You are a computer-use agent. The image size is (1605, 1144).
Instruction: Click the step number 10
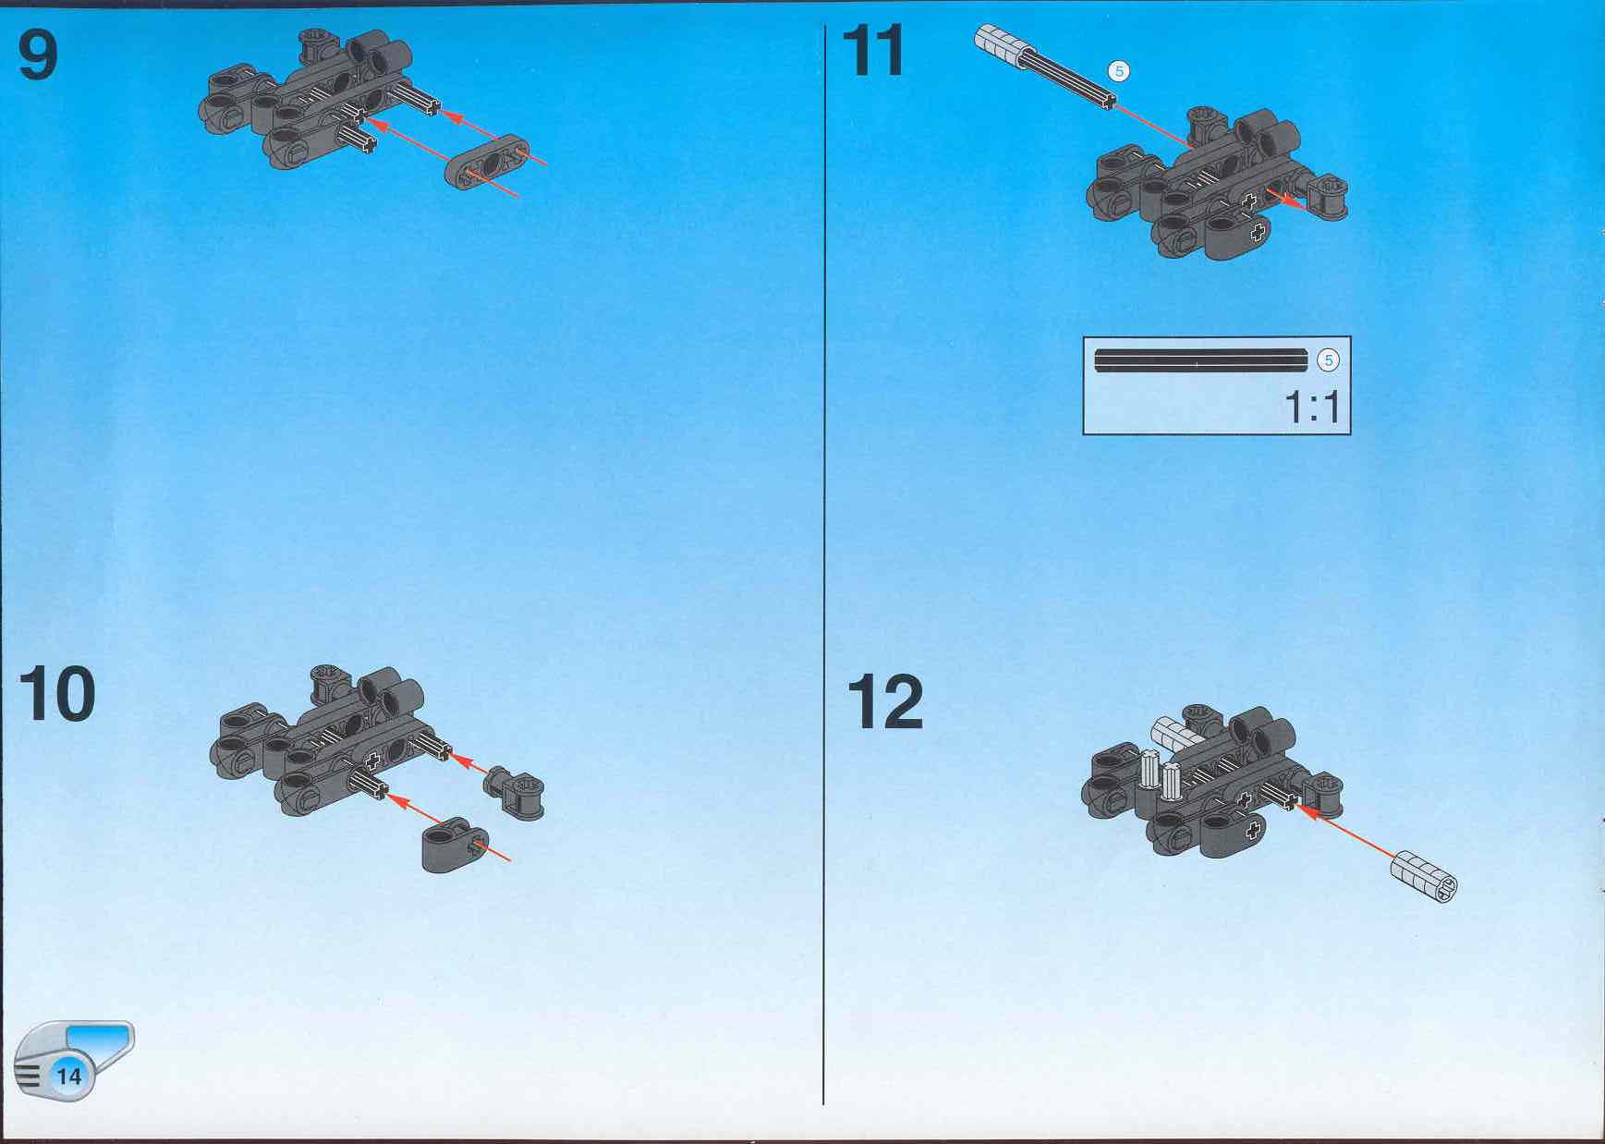[56, 694]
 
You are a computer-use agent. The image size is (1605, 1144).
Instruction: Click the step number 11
[873, 52]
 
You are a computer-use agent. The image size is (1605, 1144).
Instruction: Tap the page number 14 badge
[69, 1076]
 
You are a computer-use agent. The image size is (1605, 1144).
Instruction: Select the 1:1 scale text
[1311, 407]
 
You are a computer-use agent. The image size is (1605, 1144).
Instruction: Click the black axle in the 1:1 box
[1200, 359]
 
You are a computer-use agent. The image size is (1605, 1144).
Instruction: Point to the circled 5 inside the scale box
[1328, 360]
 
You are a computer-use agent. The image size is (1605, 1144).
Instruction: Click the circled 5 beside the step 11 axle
[1119, 71]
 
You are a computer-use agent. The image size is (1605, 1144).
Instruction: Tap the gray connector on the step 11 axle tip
[1000, 46]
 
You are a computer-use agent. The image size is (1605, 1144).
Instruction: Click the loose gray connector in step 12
[1424, 874]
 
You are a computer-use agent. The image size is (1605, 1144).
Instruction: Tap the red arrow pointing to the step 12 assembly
[1345, 831]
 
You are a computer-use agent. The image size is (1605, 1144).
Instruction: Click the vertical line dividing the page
[823, 564]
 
